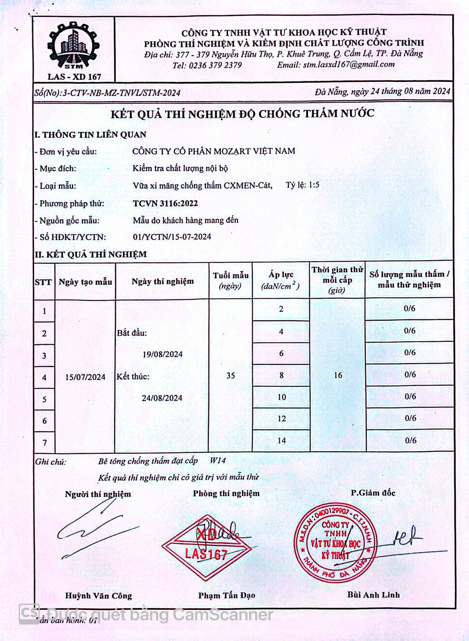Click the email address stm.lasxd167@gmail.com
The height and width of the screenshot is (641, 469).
tap(348, 65)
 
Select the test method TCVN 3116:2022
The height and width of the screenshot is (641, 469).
tap(165, 203)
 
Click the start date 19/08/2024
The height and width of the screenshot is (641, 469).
tap(163, 354)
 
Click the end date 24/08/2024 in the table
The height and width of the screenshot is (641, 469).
tap(162, 398)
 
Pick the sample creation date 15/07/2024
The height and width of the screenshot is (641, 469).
tap(85, 377)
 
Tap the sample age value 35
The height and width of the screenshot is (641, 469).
tap(231, 376)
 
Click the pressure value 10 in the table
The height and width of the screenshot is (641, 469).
tap(282, 397)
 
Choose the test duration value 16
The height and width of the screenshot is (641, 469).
tap(338, 375)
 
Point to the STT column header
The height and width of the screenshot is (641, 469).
tap(43, 282)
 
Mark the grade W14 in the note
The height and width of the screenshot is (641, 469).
tap(218, 460)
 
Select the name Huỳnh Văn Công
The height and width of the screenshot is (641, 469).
tap(98, 596)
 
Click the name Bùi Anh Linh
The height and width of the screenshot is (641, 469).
tap(373, 595)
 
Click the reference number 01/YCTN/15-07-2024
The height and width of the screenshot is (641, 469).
tap(172, 237)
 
